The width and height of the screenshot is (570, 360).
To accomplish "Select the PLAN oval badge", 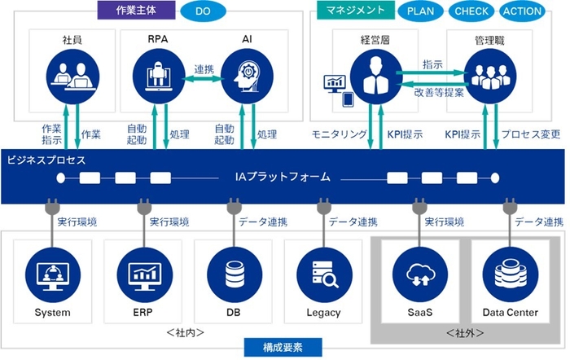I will click(x=420, y=11).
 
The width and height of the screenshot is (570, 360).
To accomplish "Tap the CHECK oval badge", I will click(x=471, y=11).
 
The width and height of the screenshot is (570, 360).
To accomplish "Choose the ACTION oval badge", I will click(x=523, y=11).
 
